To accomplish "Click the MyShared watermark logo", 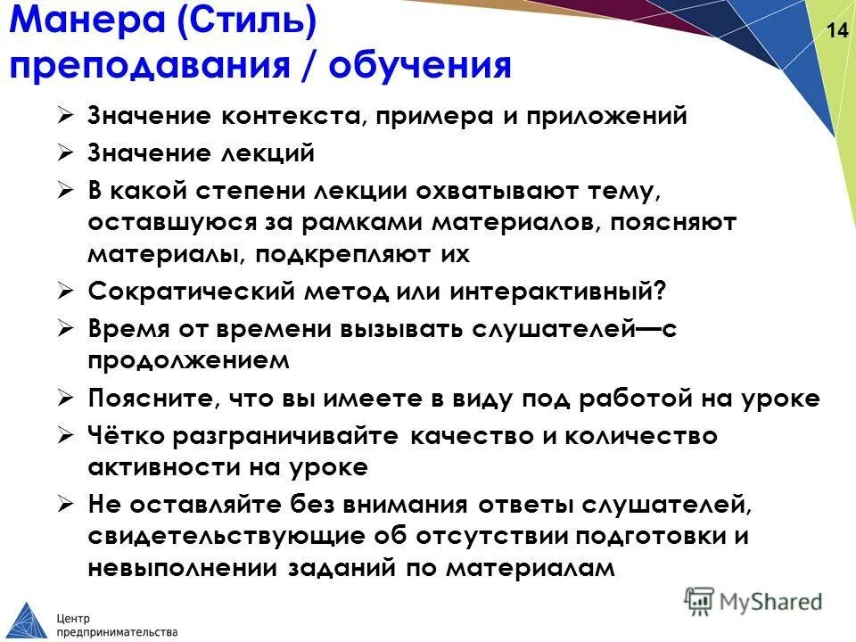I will click(753, 600).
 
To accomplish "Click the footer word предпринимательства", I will click(116, 630).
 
